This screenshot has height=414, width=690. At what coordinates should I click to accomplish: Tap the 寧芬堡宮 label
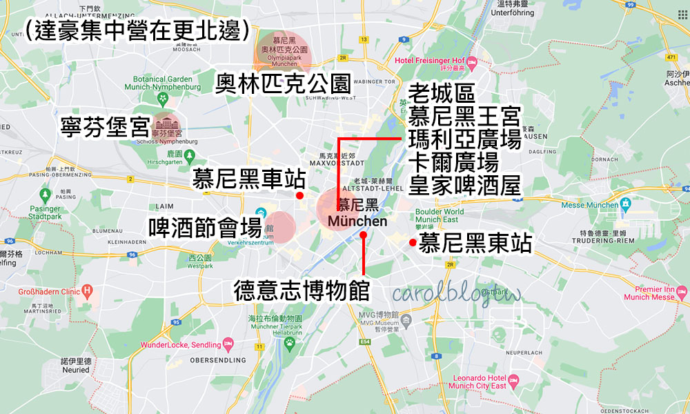[105, 126]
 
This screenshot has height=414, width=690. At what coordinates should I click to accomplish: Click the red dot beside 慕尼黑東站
[412, 242]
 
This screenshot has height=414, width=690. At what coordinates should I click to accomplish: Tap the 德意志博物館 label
[302, 289]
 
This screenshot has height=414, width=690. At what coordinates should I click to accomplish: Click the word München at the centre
[358, 221]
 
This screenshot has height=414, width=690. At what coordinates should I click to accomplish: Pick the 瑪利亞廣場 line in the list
[464, 139]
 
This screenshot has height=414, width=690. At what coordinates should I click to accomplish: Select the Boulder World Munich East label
[439, 215]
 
